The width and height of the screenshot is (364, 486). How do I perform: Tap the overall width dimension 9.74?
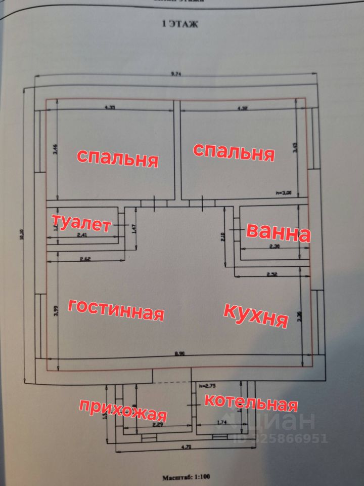[x=176, y=74]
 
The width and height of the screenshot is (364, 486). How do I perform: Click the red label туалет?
[x=81, y=223]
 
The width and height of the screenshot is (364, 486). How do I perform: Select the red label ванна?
[x=278, y=233]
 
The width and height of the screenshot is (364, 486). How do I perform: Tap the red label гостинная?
[x=116, y=309]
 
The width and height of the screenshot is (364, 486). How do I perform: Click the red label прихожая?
[x=123, y=410]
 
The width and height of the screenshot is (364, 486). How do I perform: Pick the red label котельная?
[x=250, y=402]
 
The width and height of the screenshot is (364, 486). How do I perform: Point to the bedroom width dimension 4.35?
[x=110, y=107]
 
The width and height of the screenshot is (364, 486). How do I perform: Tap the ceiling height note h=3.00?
[x=284, y=192]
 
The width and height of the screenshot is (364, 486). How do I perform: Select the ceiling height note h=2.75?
[x=208, y=386]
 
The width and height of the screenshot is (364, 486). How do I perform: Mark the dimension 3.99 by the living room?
[x=56, y=310]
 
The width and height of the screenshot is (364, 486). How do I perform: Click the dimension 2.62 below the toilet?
[x=84, y=259]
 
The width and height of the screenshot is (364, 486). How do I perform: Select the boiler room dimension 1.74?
[x=221, y=422]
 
